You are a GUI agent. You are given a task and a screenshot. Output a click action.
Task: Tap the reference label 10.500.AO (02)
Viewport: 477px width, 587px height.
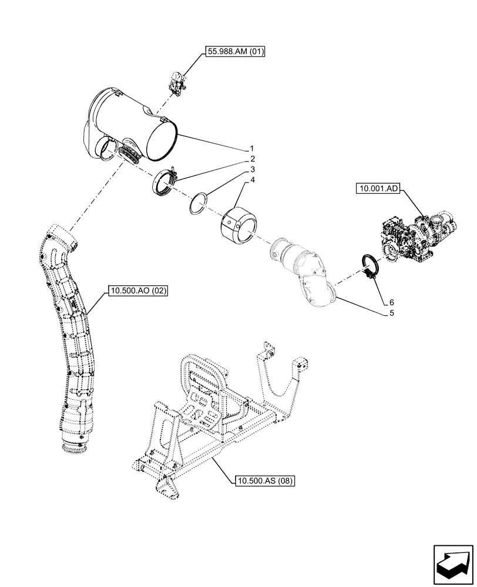point(137,290)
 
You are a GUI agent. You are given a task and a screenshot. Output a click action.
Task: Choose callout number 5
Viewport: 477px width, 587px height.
point(391,313)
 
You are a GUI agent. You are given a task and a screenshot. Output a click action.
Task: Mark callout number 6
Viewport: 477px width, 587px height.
point(391,302)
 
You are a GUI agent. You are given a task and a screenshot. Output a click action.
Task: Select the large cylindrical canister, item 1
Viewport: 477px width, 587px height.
point(135,126)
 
